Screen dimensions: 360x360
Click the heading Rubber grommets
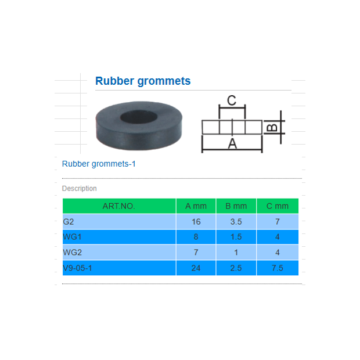[x=142, y=81]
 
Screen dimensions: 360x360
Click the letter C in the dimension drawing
[x=231, y=100]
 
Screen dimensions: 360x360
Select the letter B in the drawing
[x=271, y=127]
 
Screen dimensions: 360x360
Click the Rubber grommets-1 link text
[x=99, y=164]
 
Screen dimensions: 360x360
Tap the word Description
[x=80, y=189]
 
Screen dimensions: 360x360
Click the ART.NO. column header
[x=119, y=206]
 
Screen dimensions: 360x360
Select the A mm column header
[x=196, y=206]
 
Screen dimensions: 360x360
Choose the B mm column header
[x=236, y=206]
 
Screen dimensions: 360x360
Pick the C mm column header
[x=277, y=206]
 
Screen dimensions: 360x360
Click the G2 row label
[x=69, y=222]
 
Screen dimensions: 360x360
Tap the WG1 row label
[x=71, y=237]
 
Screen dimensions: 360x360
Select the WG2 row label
[x=71, y=253]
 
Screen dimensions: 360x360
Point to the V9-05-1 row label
[x=77, y=268]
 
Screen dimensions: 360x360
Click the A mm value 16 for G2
[x=196, y=222]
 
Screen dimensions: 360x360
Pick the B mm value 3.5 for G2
[x=236, y=222]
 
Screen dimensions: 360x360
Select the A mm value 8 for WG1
[x=196, y=237]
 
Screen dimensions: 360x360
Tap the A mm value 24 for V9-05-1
[x=196, y=268]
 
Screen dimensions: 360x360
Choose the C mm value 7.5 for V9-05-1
[x=277, y=268]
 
